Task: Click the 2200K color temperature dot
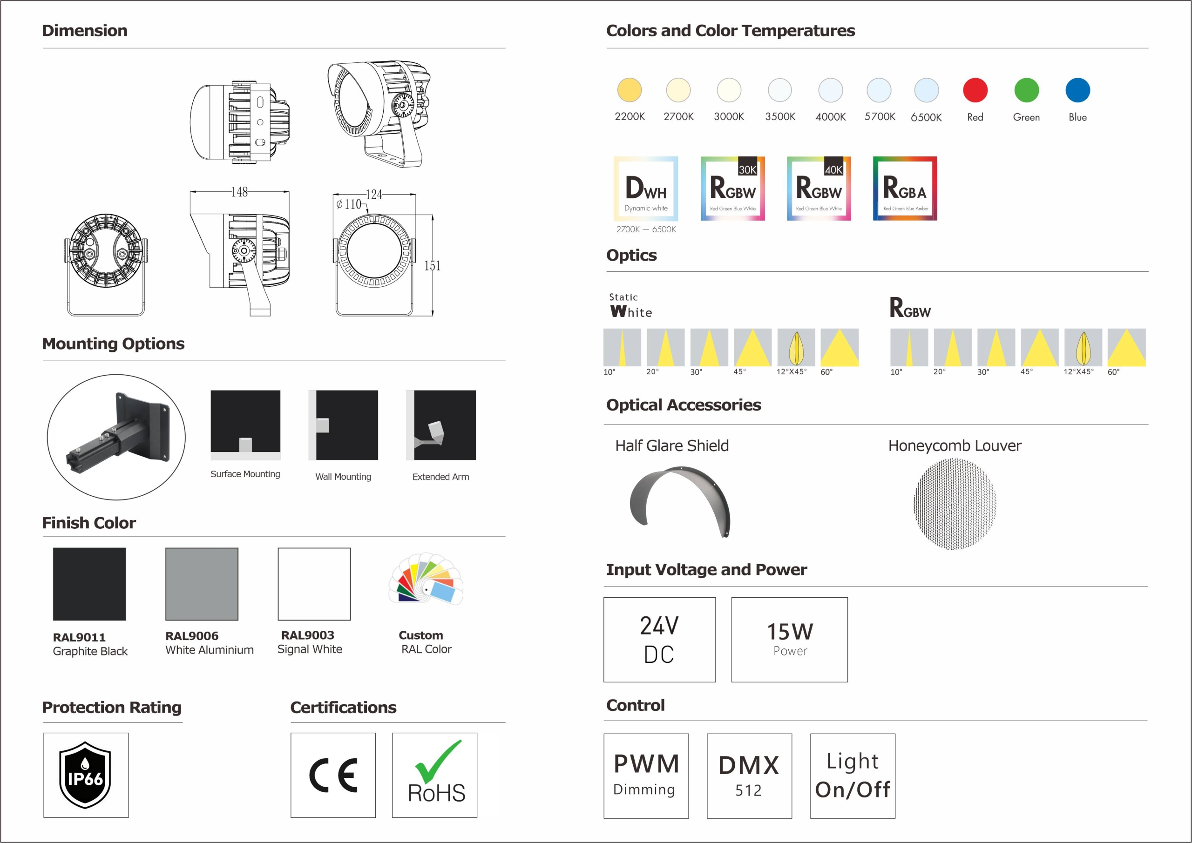pyautogui.click(x=629, y=90)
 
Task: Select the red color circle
pyautogui.click(x=975, y=90)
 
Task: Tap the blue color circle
pyautogui.click(x=1077, y=90)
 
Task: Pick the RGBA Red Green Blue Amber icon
pyautogui.click(x=905, y=189)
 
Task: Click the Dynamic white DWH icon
pyautogui.click(x=646, y=189)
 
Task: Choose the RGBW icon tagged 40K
pyautogui.click(x=819, y=189)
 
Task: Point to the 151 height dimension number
pyautogui.click(x=432, y=266)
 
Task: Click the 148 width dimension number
pyautogui.click(x=239, y=192)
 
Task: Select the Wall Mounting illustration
pyautogui.click(x=343, y=425)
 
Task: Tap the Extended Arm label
pyautogui.click(x=441, y=477)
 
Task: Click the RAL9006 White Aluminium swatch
pyautogui.click(x=202, y=584)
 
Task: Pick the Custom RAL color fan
pyautogui.click(x=426, y=578)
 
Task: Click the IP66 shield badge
pyautogui.click(x=85, y=775)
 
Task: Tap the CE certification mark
pyautogui.click(x=333, y=775)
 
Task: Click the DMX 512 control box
pyautogui.click(x=749, y=776)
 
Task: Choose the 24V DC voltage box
pyautogui.click(x=659, y=640)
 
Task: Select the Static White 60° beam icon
pyautogui.click(x=840, y=347)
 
